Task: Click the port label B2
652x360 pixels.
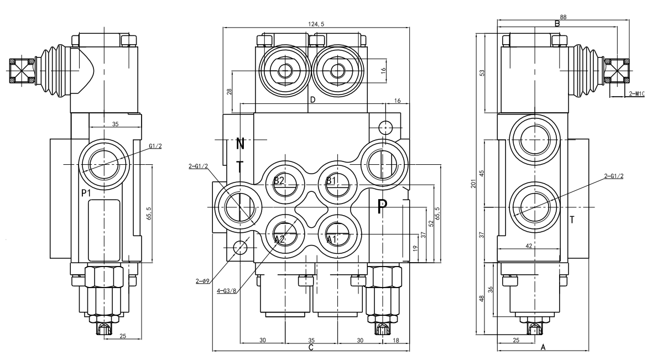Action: point(279,181)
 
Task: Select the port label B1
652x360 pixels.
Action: point(331,181)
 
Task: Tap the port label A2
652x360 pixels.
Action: point(279,239)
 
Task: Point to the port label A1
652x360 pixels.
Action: point(331,239)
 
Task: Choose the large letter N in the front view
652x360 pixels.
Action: point(240,144)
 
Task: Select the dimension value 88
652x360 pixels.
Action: point(563,17)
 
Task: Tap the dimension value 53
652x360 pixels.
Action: point(482,73)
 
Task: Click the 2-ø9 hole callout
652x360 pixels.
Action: point(202,281)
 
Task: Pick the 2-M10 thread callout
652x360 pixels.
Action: point(637,93)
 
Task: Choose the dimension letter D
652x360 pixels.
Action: point(312,100)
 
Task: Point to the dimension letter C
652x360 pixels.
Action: point(311,348)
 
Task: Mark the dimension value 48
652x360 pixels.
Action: point(482,298)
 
